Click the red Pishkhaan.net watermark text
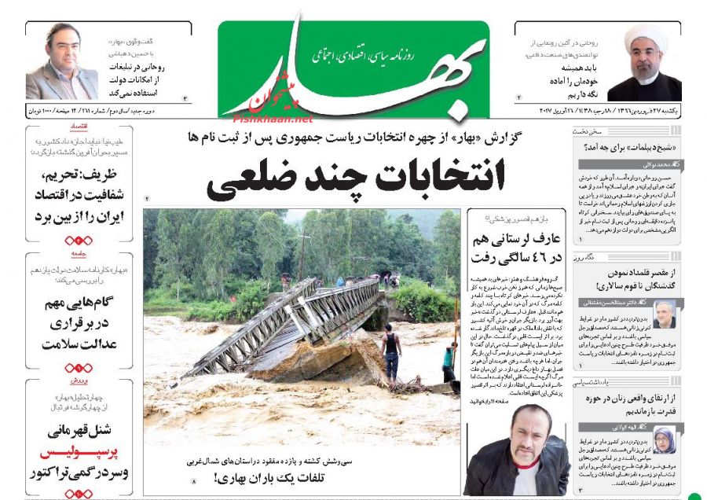(x=272, y=119)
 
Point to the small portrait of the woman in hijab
(x=664, y=440)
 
